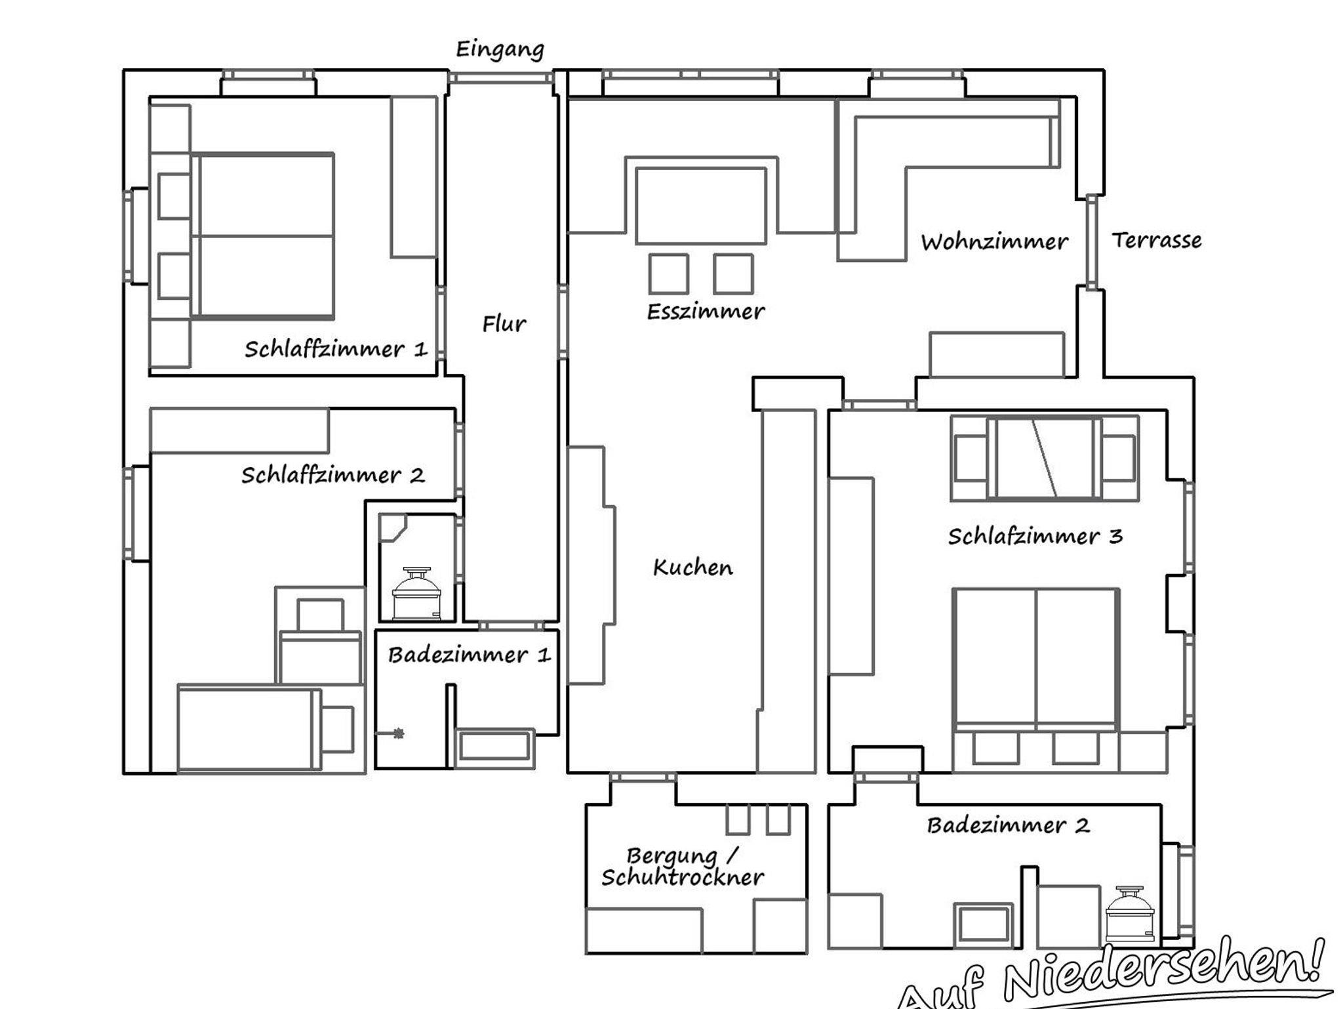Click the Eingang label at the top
pos(500,50)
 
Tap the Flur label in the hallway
pos(504,323)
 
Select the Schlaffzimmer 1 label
pos(336,348)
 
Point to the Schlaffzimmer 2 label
pos(332,474)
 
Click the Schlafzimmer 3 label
pos(1035,536)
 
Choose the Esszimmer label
pos(706,311)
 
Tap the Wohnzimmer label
pos(994,241)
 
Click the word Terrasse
pos(1157,240)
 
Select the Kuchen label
pos(692,567)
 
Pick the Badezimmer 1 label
pos(469,654)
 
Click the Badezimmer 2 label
pos(1009,825)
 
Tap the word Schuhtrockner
pos(683,877)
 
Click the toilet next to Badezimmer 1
pos(416,593)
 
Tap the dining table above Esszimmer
pos(701,206)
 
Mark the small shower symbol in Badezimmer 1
pos(398,733)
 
